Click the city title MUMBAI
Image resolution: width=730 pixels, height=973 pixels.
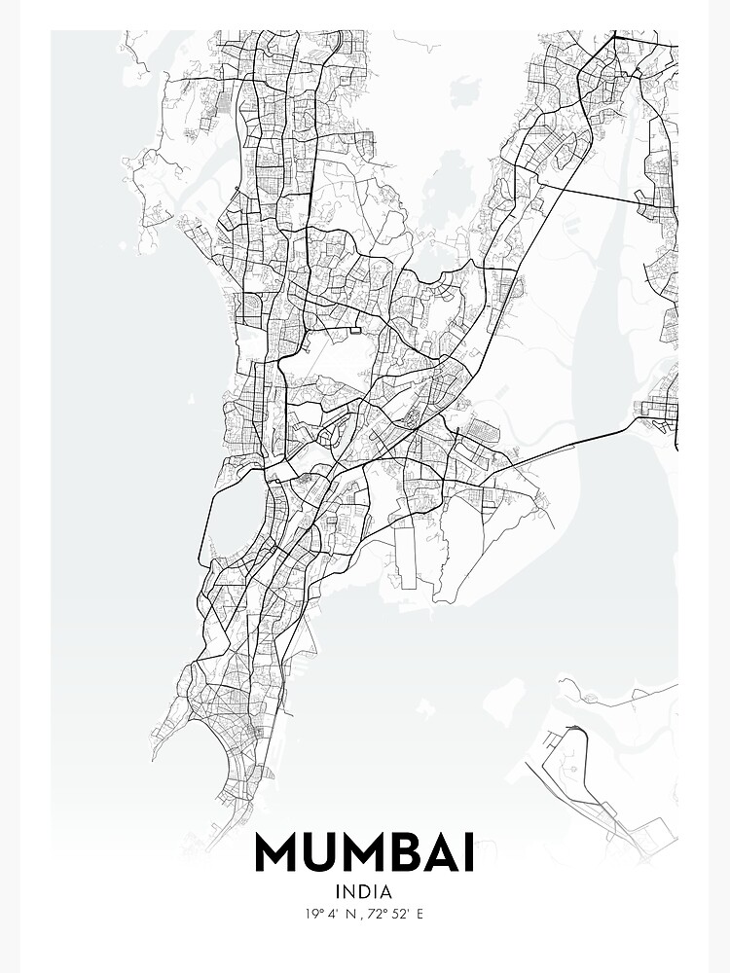(365, 852)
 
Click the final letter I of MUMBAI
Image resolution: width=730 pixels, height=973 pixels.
(470, 852)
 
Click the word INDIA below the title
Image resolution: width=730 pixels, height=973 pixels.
(364, 890)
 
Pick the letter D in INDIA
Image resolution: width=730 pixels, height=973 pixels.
(365, 890)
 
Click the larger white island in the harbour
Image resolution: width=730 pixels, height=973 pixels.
(506, 697)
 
